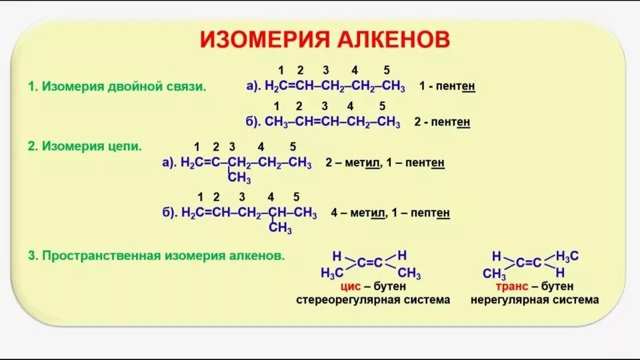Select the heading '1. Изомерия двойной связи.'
pos(117,86)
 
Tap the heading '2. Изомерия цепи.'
pos(85,146)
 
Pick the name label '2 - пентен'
pos(442,123)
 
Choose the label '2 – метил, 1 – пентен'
pos(385,163)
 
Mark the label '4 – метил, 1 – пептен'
pos(390,213)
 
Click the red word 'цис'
pos(350,286)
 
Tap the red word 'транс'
pos(512,286)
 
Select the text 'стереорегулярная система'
pos(373,300)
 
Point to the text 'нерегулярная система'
pos(535,300)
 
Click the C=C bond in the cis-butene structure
pos(369,263)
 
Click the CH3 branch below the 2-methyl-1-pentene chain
pos(239,178)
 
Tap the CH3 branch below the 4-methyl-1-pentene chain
pos(280,229)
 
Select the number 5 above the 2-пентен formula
pos(382,106)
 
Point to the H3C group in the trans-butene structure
pos(567,256)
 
